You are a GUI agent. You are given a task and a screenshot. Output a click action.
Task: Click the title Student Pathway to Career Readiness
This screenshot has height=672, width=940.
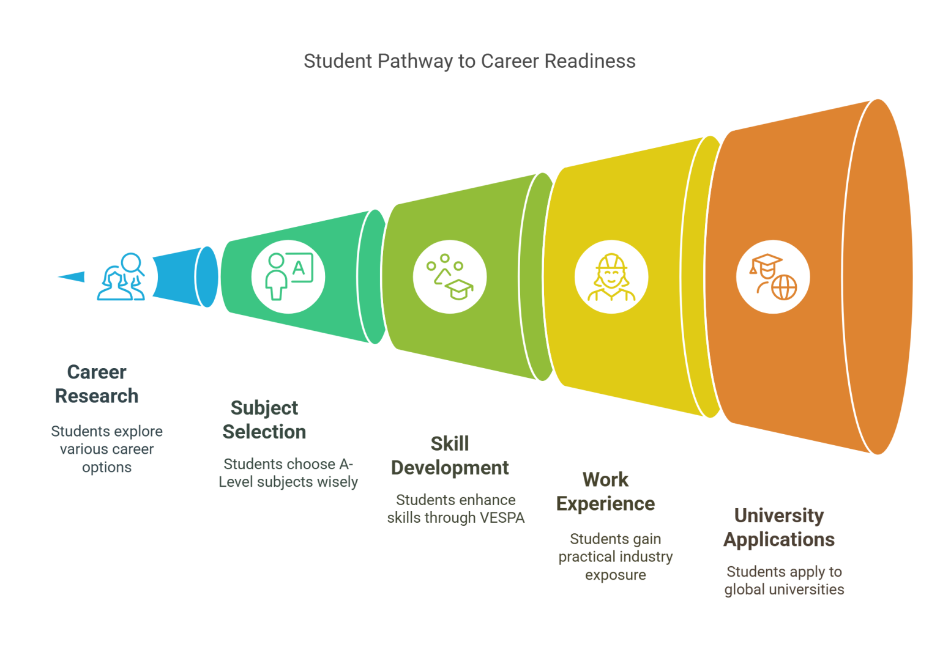pyautogui.click(x=469, y=61)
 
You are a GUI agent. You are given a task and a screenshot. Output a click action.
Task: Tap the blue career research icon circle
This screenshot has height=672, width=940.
pyautogui.click(x=121, y=276)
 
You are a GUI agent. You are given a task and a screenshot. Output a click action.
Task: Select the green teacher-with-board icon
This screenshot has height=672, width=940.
pyautogui.click(x=288, y=276)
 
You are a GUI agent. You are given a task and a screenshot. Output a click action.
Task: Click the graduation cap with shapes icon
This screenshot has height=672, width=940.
pyautogui.click(x=450, y=276)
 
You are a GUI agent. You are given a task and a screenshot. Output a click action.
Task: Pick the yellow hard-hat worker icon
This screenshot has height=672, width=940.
pyautogui.click(x=610, y=276)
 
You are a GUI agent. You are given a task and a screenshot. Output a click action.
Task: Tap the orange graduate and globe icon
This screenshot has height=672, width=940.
pyautogui.click(x=772, y=276)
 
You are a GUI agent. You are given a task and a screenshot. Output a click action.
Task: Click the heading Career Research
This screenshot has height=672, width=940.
pyautogui.click(x=97, y=384)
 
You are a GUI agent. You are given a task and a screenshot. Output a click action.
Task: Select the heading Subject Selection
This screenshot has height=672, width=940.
pyautogui.click(x=264, y=420)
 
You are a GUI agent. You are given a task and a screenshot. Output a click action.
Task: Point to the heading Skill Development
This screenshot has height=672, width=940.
pyautogui.click(x=450, y=456)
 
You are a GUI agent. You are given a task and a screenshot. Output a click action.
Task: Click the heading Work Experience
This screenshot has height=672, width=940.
pyautogui.click(x=605, y=492)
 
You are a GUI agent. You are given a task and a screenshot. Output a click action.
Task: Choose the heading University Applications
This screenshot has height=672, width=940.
pyautogui.click(x=778, y=528)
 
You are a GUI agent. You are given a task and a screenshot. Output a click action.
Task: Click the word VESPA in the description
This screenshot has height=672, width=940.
pyautogui.click(x=502, y=518)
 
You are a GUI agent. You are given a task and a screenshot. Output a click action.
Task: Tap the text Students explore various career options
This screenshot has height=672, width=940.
pyautogui.click(x=106, y=449)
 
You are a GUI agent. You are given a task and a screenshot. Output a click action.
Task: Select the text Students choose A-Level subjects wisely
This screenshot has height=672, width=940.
pyautogui.click(x=288, y=473)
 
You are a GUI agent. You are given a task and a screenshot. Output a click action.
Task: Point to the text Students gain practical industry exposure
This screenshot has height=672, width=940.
pyautogui.click(x=615, y=557)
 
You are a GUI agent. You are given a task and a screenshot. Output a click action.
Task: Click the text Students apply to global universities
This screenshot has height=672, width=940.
pyautogui.click(x=784, y=581)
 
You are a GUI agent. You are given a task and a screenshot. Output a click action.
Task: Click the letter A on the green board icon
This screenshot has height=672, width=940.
pyautogui.click(x=299, y=268)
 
